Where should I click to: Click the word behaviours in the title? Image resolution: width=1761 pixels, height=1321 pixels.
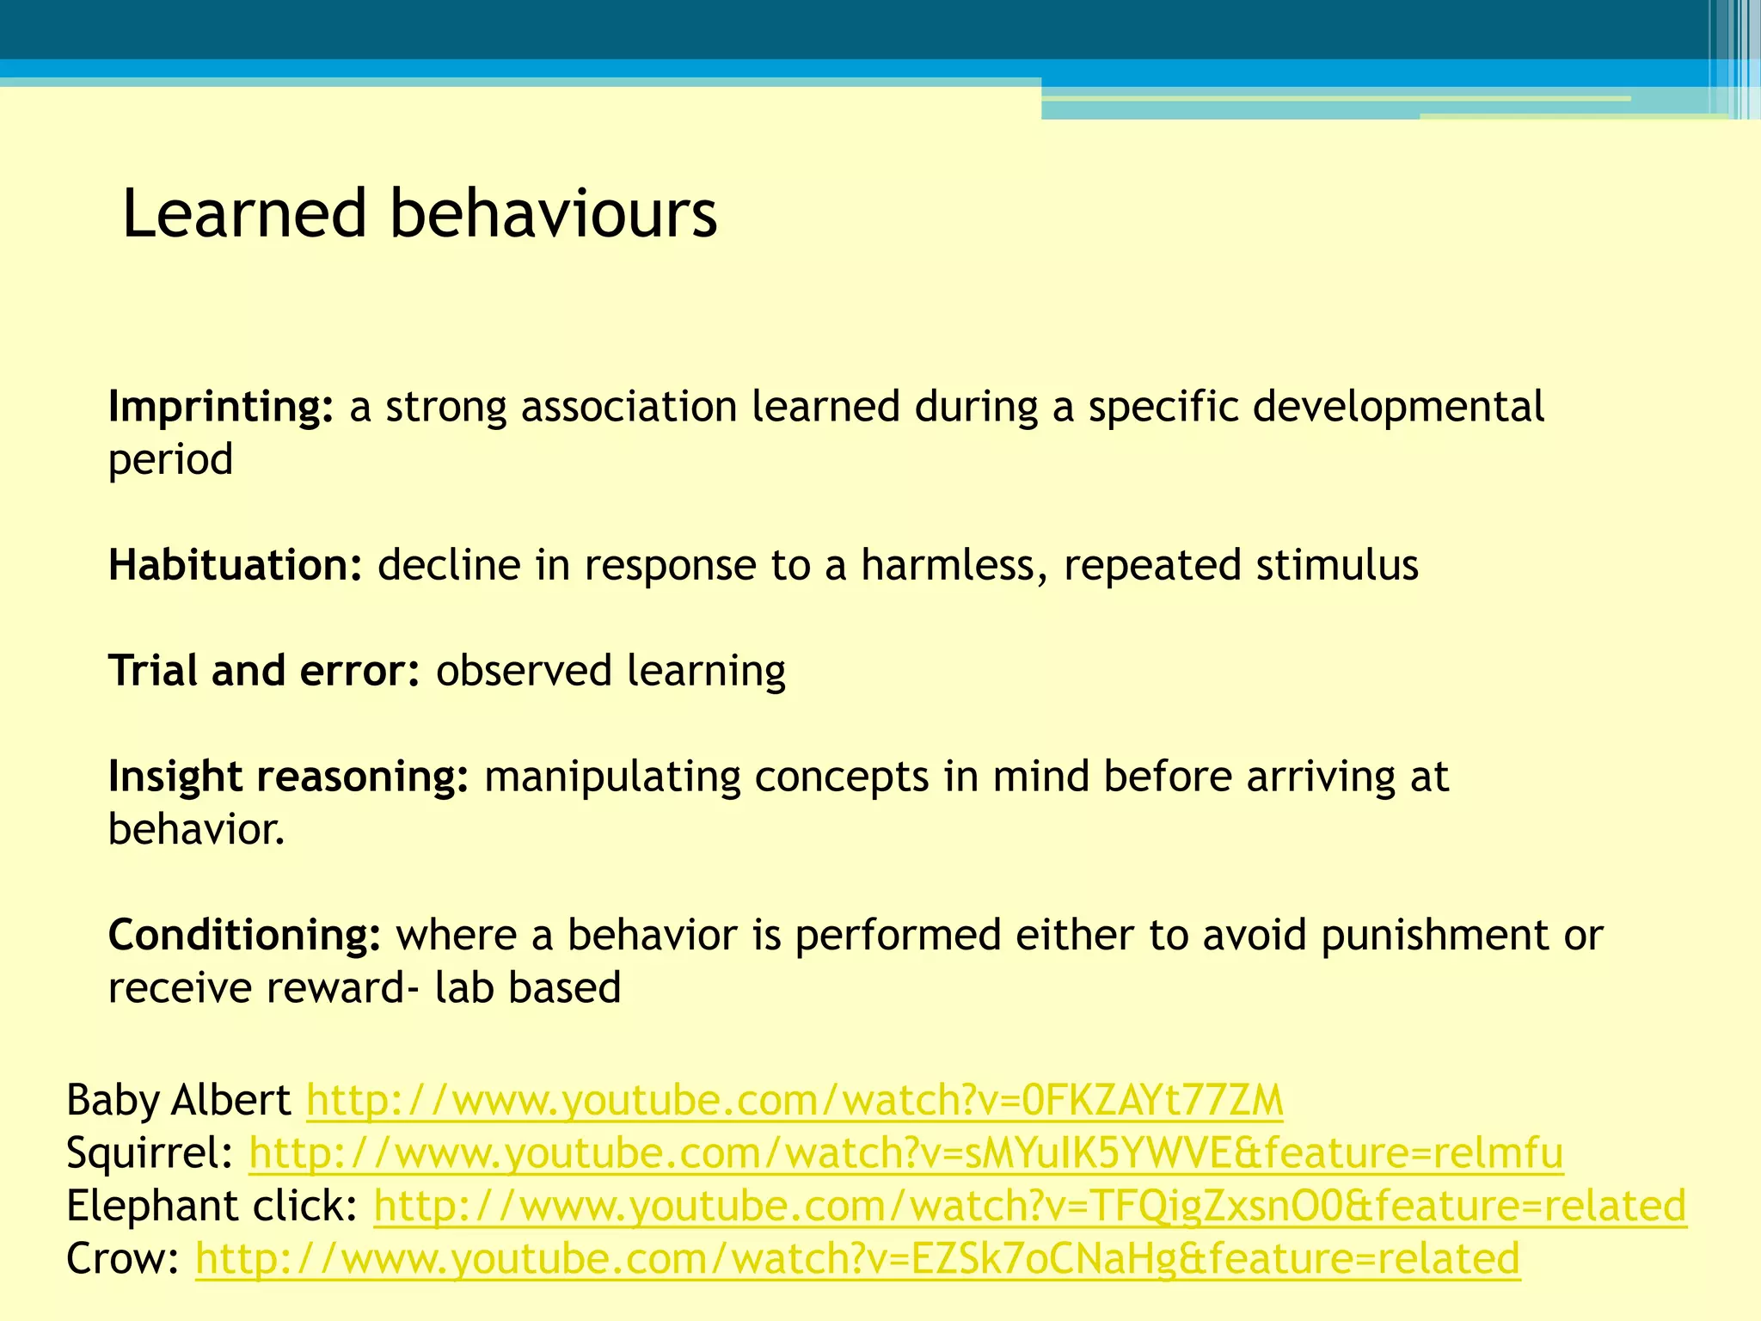tap(553, 213)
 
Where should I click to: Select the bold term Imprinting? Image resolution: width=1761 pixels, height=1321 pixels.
tap(220, 407)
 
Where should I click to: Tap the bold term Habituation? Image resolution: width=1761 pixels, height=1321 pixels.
tap(235, 565)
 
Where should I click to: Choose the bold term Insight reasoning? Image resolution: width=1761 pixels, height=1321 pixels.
tap(288, 777)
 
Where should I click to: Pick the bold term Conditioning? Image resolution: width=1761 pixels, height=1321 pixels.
tap(244, 935)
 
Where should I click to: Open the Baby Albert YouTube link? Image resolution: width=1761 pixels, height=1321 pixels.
tap(795, 1100)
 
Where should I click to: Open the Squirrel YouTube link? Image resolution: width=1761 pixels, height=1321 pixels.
tap(905, 1153)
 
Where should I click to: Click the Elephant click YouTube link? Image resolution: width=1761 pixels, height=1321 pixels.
tap(1029, 1206)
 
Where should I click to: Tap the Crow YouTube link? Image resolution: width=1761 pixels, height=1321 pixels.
tap(857, 1259)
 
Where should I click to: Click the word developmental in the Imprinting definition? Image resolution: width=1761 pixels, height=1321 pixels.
tap(1398, 407)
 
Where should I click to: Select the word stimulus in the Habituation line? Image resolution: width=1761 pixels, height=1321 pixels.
tap(1336, 565)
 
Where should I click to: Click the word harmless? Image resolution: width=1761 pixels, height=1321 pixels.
tap(954, 565)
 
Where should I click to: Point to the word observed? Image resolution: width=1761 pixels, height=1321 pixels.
tap(524, 671)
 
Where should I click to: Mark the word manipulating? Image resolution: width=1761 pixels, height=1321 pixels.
tap(612, 777)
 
